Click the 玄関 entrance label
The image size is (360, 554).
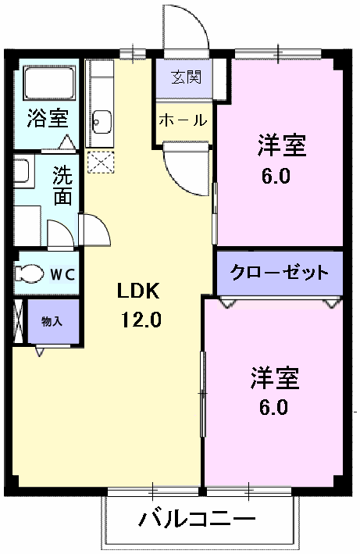[x=186, y=77]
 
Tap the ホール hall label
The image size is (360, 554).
[x=184, y=120]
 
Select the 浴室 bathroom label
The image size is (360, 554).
[x=48, y=119]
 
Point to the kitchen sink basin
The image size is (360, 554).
[x=100, y=121]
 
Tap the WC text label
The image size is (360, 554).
[x=62, y=274]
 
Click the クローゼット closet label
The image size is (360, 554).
[x=279, y=273]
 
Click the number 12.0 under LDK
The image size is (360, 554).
[x=141, y=320]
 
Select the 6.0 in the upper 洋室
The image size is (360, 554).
[x=276, y=176]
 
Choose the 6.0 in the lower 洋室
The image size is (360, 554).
[x=274, y=407]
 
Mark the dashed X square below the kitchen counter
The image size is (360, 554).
[x=100, y=163]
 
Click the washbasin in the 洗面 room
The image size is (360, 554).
[x=21, y=170]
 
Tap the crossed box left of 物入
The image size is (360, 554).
[x=19, y=321]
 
